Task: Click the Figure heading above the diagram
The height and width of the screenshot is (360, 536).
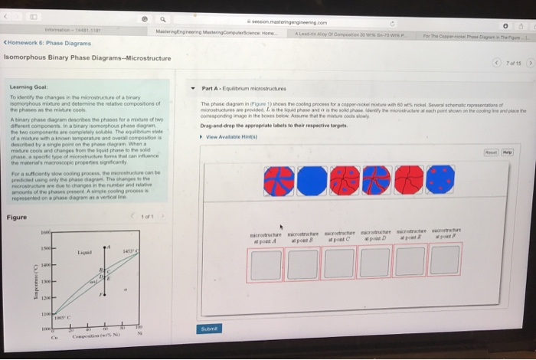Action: pyautogui.click(x=17, y=217)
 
